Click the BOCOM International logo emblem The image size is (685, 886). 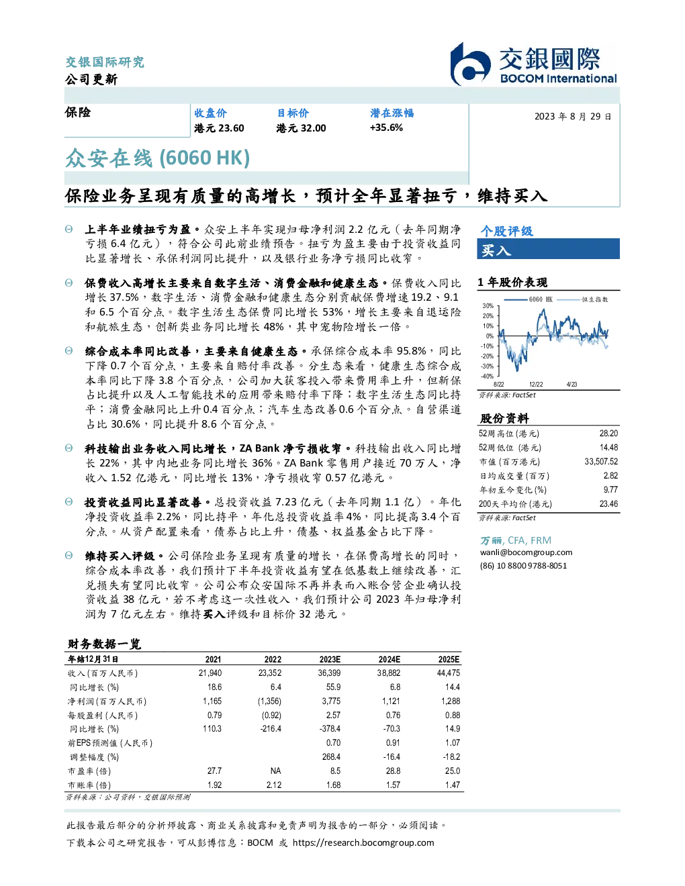tap(470, 64)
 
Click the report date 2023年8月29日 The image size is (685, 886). tap(573, 117)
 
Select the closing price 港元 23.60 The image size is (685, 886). tap(219, 128)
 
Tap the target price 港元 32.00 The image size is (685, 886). tap(301, 128)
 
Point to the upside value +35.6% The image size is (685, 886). tap(386, 128)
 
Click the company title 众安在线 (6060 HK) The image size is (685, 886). tap(157, 158)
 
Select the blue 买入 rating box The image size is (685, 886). tap(548, 249)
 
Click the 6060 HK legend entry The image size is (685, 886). tap(528, 299)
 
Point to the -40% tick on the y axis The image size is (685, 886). tap(488, 377)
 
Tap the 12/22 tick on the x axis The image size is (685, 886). tap(536, 385)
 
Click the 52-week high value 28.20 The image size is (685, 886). tap(608, 434)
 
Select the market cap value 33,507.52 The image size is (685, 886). tap(601, 462)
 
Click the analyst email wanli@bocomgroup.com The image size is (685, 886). tap(527, 552)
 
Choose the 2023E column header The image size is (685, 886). tap(330, 659)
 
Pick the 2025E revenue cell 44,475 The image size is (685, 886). tap(449, 673)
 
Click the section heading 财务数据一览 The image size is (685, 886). tap(104, 644)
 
